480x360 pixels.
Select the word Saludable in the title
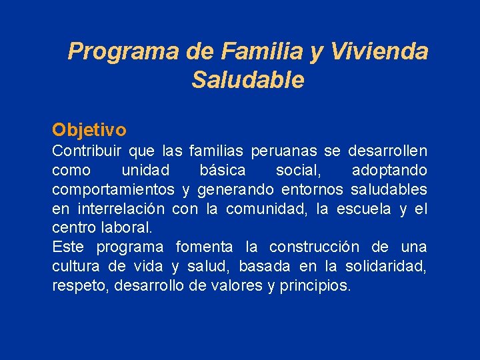pyautogui.click(x=247, y=80)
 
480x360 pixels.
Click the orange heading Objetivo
pyautogui.click(x=89, y=129)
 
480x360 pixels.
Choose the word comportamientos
pyautogui.click(x=113, y=190)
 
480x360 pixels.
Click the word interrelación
pyautogui.click(x=122, y=209)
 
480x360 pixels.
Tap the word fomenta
pyautogui.click(x=204, y=247)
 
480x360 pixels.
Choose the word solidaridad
pyautogui.click(x=386, y=267)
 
